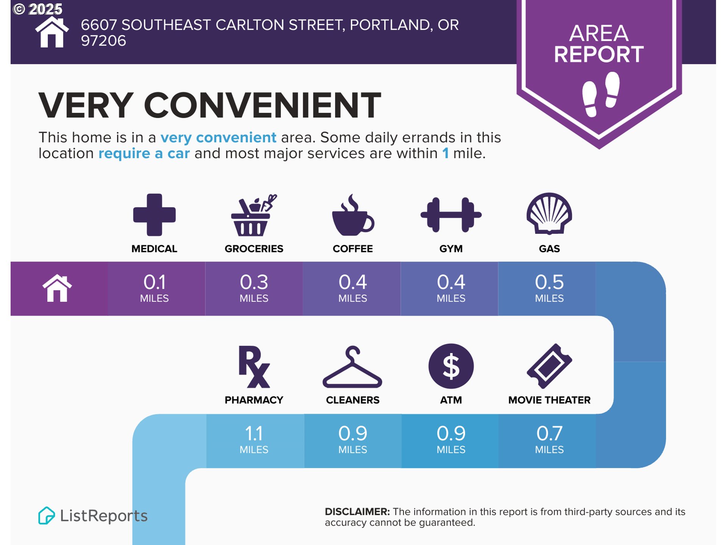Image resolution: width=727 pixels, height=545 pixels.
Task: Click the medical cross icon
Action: [x=154, y=215]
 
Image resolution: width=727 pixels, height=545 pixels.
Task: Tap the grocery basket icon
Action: [x=254, y=215]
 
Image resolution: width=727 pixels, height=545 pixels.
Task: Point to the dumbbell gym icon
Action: [x=451, y=215]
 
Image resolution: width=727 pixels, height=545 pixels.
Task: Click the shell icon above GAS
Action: [x=549, y=214]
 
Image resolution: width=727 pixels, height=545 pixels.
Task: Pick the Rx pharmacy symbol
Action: [x=254, y=366]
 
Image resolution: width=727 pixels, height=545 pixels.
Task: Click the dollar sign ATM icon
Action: [x=451, y=366]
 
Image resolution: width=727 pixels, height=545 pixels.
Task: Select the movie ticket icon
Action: [x=549, y=366]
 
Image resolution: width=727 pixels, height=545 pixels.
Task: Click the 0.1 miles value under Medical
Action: [x=154, y=288]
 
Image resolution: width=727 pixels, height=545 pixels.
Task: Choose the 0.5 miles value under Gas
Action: [x=549, y=288]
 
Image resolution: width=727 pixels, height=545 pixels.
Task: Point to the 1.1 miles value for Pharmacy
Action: [x=254, y=439]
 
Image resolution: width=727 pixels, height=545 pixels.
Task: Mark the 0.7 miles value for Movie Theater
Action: [x=549, y=439]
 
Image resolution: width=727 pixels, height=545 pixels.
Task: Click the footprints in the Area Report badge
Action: [x=601, y=94]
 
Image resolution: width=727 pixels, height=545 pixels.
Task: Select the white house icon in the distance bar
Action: [x=57, y=288]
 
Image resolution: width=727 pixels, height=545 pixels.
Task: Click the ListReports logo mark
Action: [x=47, y=515]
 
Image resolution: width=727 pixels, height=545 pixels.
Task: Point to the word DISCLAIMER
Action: [x=357, y=512]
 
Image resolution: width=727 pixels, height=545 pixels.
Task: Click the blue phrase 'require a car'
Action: [x=144, y=153]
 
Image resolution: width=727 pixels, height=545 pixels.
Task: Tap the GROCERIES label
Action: [x=254, y=249]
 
